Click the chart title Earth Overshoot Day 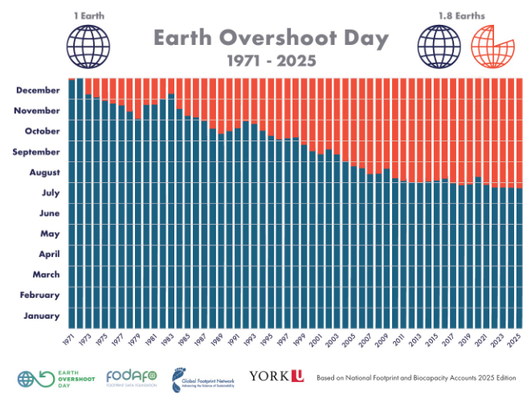271,38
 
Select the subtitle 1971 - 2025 271,60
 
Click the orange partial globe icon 490,45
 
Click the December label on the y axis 37,90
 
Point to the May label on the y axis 49,234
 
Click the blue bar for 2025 520,257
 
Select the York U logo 276,376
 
